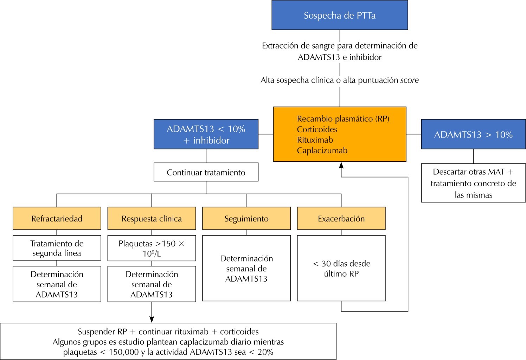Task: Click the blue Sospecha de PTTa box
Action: coord(340,15)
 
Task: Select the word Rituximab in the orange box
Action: coord(315,140)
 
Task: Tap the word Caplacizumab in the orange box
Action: coord(322,150)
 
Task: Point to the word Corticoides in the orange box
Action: coord(317,129)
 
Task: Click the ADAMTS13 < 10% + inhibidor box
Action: coord(206,134)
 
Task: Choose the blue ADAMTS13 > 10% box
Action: coord(473,134)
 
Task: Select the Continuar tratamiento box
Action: coord(206,172)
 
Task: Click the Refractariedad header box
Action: coord(57,219)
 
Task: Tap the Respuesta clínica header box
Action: coord(152,219)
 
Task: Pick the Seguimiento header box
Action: coord(246,219)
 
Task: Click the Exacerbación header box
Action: coord(341,219)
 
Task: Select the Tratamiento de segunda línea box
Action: coord(57,248)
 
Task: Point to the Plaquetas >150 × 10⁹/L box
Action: coord(152,248)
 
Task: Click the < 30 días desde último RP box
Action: coord(341,268)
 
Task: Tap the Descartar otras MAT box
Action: coord(473,183)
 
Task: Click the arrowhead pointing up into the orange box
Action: coord(341,165)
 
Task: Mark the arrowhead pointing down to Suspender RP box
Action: coord(152,319)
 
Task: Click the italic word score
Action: coord(410,80)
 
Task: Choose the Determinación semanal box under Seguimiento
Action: coord(246,268)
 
